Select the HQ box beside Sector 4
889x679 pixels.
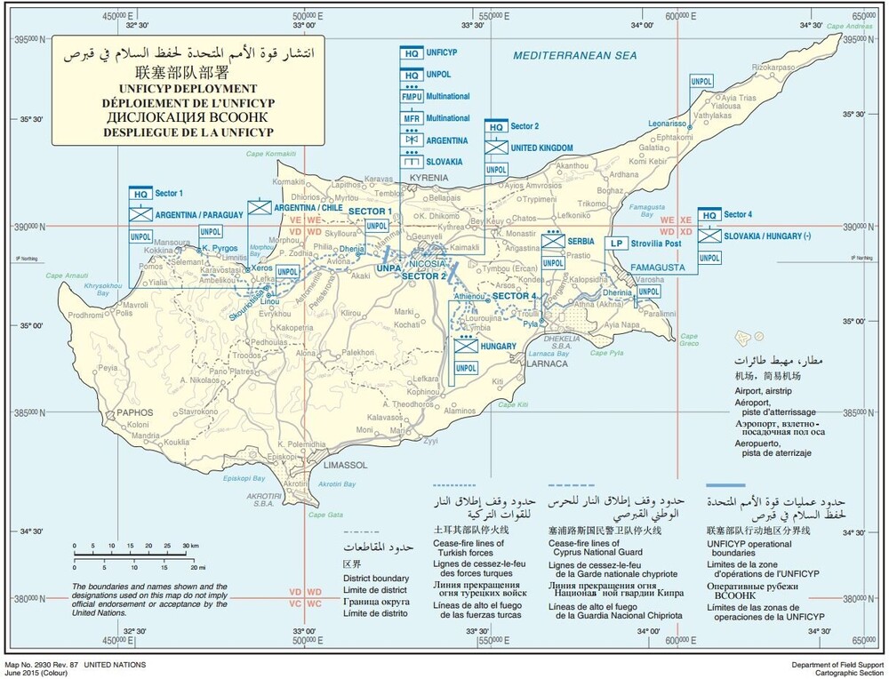[709, 215]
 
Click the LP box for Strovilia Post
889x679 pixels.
[613, 243]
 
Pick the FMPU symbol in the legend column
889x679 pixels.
[412, 95]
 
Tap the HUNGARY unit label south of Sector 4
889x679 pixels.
[497, 347]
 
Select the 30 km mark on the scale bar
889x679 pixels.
[190, 545]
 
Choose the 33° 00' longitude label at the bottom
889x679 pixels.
[305, 631]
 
